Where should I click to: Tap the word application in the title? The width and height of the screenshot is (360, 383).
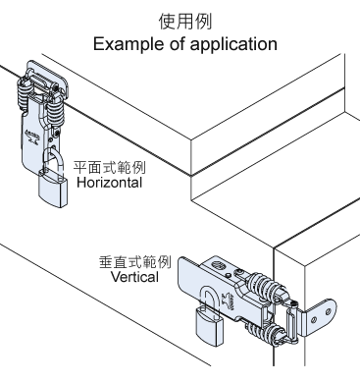233,44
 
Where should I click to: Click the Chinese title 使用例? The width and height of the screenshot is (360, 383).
185,22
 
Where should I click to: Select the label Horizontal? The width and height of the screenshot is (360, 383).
109,183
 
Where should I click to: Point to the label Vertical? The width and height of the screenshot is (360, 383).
134,277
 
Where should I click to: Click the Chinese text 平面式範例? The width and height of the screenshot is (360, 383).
109,167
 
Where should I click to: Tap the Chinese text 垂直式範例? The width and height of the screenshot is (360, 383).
135,262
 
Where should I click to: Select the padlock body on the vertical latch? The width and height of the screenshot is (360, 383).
208,327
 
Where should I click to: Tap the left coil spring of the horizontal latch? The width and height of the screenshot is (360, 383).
25,92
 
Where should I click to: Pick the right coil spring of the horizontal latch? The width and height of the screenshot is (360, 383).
55,113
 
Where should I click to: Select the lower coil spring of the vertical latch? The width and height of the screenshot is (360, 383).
263,335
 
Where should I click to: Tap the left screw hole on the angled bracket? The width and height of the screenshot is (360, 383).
314,319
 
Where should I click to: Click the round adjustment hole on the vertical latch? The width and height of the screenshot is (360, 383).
219,265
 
